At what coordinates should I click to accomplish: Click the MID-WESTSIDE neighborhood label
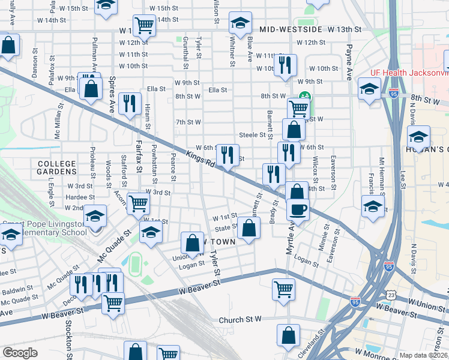pyautogui.click(x=290, y=29)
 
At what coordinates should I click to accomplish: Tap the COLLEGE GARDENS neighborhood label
pyautogui.click(x=57, y=168)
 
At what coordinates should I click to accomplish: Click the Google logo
pyautogui.click(x=20, y=353)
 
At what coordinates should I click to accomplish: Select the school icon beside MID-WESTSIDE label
pyautogui.click(x=240, y=25)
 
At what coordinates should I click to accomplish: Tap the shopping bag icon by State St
pyautogui.click(x=249, y=228)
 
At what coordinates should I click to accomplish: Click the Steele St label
pyautogui.click(x=252, y=136)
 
